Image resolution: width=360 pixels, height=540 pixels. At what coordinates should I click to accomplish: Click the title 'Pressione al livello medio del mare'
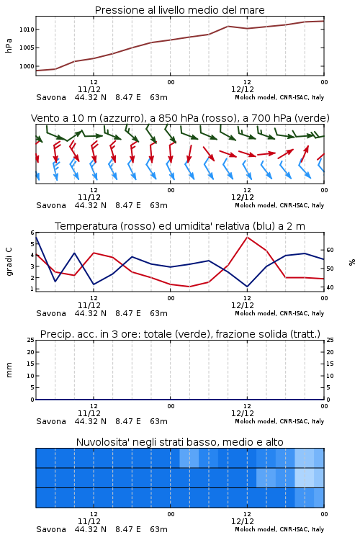[179, 10]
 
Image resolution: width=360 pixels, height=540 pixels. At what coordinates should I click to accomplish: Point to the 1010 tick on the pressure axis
[27, 30]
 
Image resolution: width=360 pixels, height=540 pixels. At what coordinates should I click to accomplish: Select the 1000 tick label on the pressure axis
[27, 66]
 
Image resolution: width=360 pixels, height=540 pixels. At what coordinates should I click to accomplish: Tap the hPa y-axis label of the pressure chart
[9, 45]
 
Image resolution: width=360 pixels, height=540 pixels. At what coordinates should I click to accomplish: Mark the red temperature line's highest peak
[248, 237]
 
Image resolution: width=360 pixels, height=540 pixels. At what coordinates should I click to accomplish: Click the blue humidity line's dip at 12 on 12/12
[247, 287]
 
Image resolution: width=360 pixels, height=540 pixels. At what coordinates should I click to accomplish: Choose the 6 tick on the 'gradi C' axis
[32, 233]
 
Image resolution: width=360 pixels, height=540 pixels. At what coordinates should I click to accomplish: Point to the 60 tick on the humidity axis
[330, 250]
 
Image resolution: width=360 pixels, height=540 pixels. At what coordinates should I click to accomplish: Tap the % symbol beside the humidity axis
[352, 262]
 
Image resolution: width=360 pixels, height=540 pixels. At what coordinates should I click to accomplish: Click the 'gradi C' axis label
[9, 261]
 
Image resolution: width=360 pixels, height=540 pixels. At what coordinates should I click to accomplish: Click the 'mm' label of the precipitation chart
[9, 370]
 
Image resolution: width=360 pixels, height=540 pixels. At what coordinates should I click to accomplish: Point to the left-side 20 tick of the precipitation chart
[31, 352]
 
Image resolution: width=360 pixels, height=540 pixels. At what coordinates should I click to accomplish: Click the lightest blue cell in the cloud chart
[304, 477]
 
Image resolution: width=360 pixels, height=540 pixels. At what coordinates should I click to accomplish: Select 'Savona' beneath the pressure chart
[51, 97]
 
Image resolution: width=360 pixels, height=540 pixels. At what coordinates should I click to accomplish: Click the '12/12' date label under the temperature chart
[243, 305]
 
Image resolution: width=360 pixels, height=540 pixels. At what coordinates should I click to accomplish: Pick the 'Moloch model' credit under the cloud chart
[256, 529]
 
